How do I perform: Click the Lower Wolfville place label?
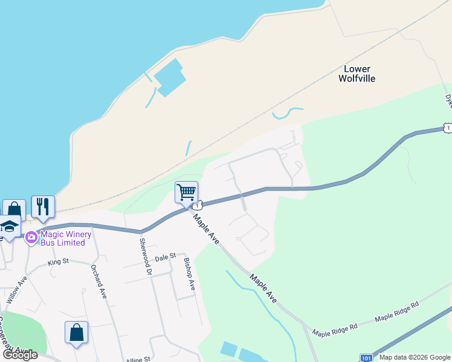357,74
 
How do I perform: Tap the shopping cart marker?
186,192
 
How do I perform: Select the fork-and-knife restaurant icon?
43,207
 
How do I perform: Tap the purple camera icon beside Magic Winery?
31,238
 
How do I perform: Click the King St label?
59,262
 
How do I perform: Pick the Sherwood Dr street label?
144,256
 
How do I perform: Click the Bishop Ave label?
189,275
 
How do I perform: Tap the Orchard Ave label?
98,281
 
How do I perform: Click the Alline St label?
138,360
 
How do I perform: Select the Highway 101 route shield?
366,358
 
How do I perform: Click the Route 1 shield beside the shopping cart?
198,205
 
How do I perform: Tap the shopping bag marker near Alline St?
76,332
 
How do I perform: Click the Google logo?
19,355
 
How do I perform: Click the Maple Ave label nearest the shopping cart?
206,229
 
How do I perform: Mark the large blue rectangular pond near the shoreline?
169,77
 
